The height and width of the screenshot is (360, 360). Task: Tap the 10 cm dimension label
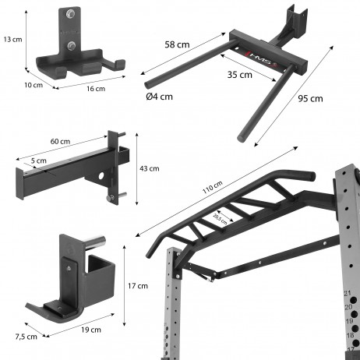(x=34, y=84)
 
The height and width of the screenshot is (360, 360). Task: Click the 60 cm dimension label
(x=60, y=142)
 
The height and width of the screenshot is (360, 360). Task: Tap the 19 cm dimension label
(x=91, y=329)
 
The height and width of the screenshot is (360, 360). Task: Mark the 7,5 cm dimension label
(x=26, y=336)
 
